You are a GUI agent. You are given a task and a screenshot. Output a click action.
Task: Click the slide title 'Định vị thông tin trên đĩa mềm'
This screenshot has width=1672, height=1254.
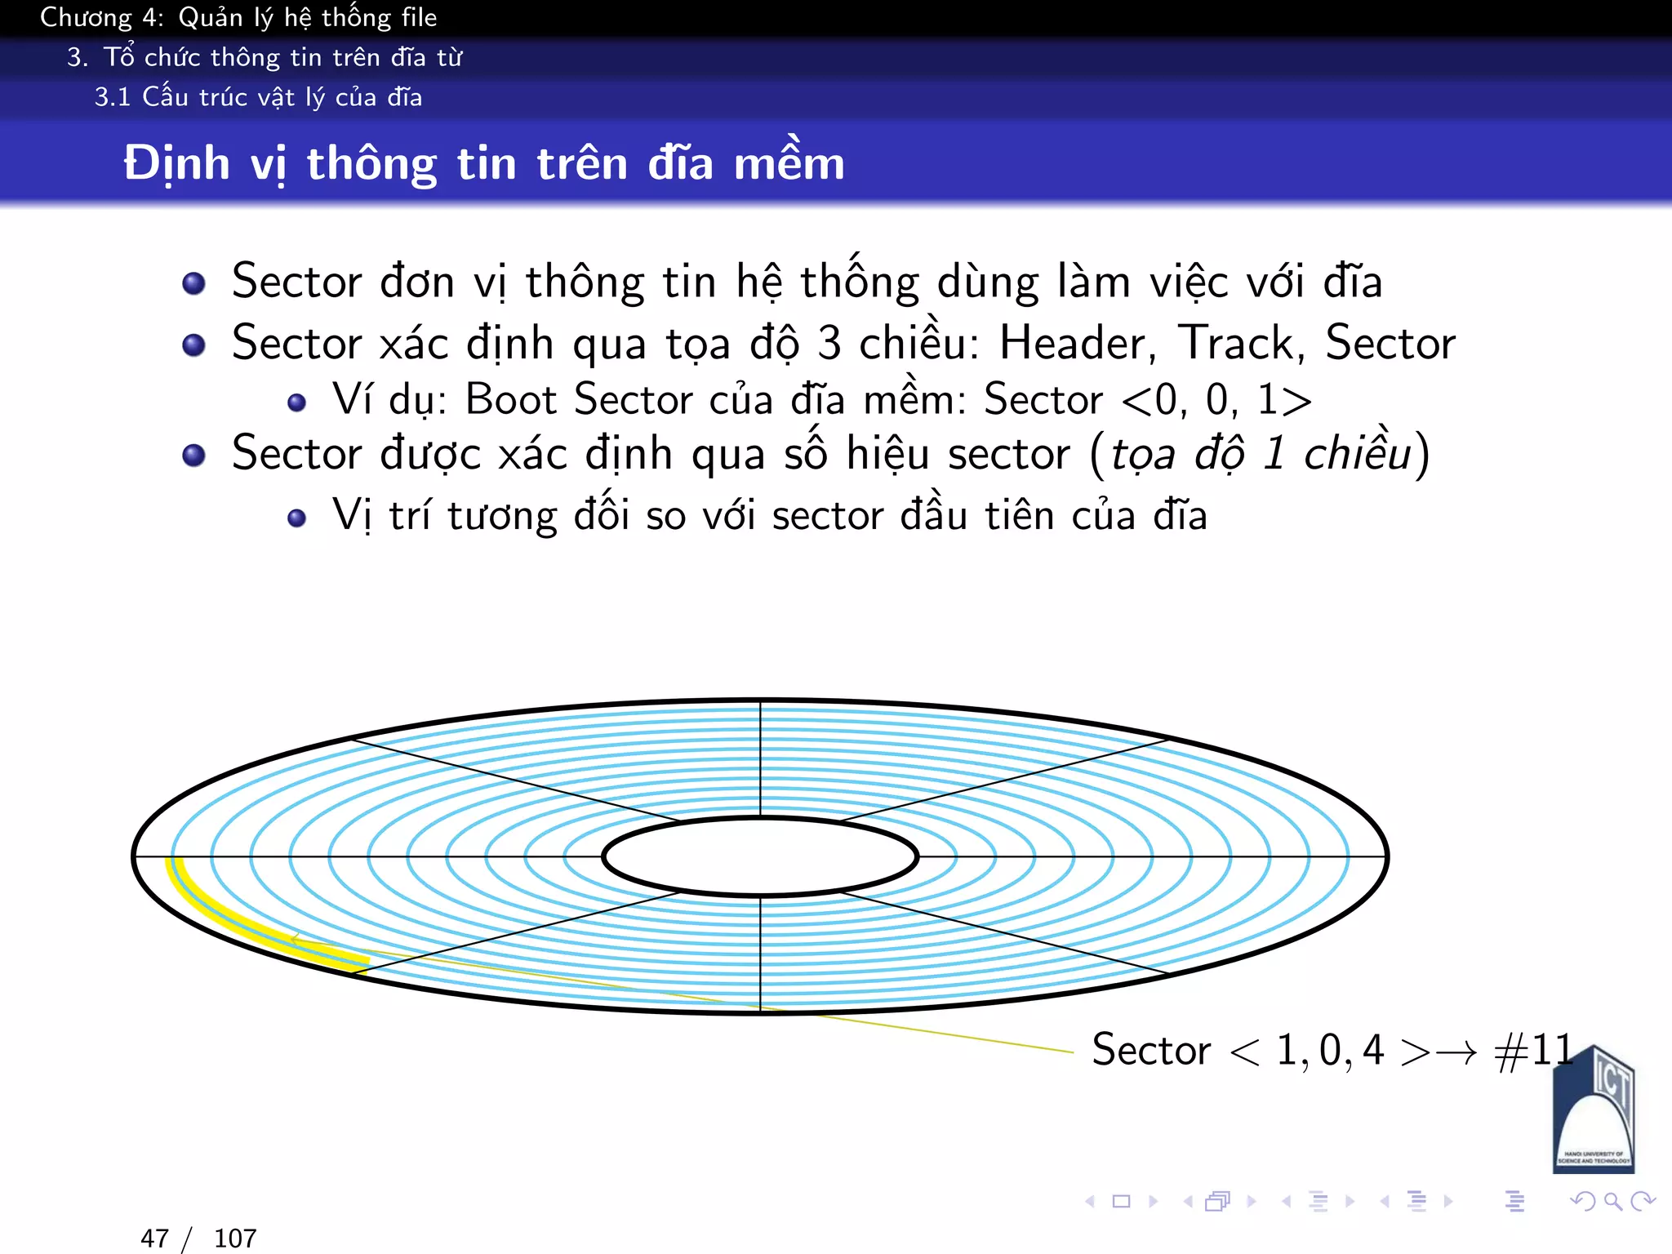pyautogui.click(x=483, y=163)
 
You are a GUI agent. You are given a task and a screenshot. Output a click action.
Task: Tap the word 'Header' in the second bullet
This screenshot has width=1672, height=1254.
pyautogui.click(x=1076, y=343)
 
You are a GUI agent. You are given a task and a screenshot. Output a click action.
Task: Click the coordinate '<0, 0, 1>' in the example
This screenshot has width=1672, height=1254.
pyautogui.click(x=1216, y=400)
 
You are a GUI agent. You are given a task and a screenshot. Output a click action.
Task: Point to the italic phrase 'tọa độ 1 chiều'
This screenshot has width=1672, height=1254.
pyautogui.click(x=1261, y=454)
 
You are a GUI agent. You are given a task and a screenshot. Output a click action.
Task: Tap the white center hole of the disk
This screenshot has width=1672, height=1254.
pyautogui.click(x=760, y=856)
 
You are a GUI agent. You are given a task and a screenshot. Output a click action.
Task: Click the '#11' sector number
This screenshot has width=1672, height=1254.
pyautogui.click(x=1533, y=1050)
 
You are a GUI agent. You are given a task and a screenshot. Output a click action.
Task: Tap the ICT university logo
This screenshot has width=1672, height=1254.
pyautogui.click(x=1593, y=1110)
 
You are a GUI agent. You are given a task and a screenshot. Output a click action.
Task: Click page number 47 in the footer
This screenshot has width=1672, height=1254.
pyautogui.click(x=154, y=1238)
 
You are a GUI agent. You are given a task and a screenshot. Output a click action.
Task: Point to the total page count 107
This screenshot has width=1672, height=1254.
pyautogui.click(x=235, y=1238)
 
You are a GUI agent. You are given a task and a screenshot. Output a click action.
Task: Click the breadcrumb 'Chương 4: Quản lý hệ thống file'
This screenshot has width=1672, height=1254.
pyautogui.click(x=238, y=17)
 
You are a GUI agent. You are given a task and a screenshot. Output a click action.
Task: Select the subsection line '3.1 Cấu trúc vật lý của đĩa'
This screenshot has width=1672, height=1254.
pyautogui.click(x=258, y=97)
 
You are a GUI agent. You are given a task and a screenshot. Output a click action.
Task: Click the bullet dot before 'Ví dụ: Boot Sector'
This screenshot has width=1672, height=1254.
pyautogui.click(x=297, y=402)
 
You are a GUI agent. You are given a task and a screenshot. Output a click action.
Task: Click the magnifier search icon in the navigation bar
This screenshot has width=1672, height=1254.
pyautogui.click(x=1612, y=1201)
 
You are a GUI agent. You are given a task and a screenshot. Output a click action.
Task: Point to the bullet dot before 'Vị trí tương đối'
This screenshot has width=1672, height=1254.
pyautogui.click(x=297, y=518)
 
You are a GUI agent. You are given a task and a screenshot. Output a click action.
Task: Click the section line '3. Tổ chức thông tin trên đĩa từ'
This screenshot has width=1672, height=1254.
pyautogui.click(x=265, y=57)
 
